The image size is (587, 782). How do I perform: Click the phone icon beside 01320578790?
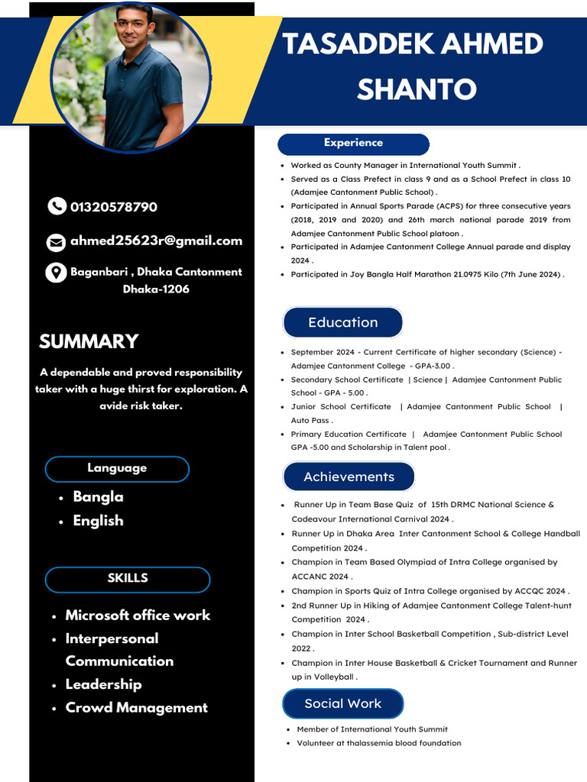tap(57, 206)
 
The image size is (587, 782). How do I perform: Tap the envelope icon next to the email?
tap(57, 242)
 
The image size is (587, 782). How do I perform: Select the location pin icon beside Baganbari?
tap(56, 273)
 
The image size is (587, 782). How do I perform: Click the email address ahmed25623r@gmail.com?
tap(156, 241)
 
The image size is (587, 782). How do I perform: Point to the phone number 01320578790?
tap(114, 207)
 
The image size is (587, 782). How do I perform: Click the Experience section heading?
tap(353, 144)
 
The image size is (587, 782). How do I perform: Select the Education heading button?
tap(342, 322)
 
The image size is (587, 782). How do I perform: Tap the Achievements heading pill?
tap(349, 477)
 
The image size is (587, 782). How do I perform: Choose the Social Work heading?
tap(342, 703)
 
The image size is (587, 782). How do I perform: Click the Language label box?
tap(117, 468)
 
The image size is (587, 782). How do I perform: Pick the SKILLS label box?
tap(128, 579)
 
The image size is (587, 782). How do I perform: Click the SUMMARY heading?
tap(89, 341)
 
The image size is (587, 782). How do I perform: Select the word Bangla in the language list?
tap(98, 497)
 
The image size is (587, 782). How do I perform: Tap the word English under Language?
tap(98, 521)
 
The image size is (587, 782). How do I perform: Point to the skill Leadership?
tap(103, 684)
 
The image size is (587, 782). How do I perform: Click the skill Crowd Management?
tap(136, 708)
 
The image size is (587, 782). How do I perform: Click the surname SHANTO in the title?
tap(417, 89)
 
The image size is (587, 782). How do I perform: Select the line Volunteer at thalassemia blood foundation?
tap(379, 743)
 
